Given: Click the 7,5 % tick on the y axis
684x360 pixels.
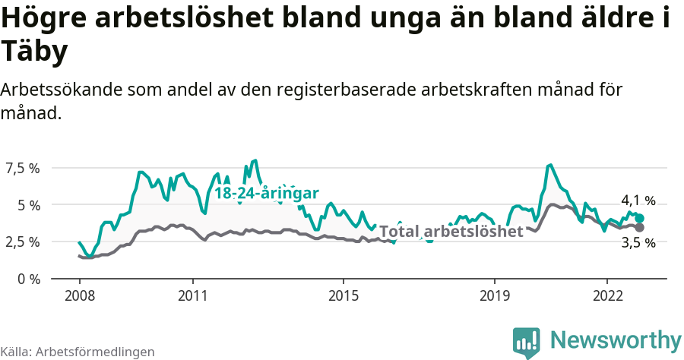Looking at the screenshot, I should pos(23,168).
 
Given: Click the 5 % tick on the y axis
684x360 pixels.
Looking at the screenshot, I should pos(28,205).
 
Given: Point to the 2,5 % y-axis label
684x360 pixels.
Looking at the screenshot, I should pos(23,242).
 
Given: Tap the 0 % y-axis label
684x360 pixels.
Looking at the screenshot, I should pos(28,279).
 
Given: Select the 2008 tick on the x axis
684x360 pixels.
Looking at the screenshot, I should pos(80,295).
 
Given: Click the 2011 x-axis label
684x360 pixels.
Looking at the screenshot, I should pos(193,295).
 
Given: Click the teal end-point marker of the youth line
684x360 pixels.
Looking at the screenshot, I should pos(640,219).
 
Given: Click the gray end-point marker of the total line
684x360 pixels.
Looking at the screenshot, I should pos(640,227).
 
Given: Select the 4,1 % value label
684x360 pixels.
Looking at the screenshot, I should pos(638,201).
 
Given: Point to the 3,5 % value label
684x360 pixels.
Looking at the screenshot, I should pos(638,243).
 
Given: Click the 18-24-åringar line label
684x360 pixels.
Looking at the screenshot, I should pos(266,193).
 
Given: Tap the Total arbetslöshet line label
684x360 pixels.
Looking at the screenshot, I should pos(451,232).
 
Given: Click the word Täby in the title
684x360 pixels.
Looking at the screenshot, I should pos(35,52).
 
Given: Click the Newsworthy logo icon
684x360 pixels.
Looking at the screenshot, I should pos(527,342).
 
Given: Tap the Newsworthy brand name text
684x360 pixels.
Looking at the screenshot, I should pos(615,340).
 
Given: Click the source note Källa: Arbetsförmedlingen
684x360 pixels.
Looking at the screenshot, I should pos(78,352).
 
